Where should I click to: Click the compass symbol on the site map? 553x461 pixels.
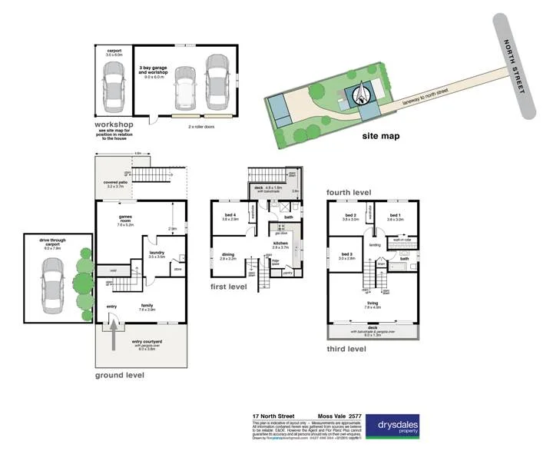point(360,95)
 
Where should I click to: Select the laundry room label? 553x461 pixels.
point(156,252)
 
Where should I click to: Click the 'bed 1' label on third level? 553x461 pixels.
point(395,217)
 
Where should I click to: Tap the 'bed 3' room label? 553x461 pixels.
point(347,256)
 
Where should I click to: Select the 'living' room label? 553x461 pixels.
point(373,304)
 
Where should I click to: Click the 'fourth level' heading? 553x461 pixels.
point(349,191)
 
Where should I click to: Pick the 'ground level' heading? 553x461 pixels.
point(119,375)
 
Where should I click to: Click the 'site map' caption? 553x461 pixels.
point(381,137)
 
